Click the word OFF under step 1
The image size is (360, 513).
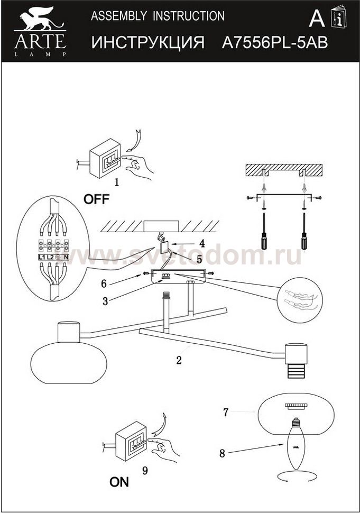point(96,199)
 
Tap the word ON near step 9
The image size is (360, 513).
point(119,482)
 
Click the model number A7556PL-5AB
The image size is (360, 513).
point(275,42)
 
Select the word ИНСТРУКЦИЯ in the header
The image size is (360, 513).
point(148,42)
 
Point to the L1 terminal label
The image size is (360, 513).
point(42,257)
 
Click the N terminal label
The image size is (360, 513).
point(66,257)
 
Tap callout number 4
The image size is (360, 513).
point(202,243)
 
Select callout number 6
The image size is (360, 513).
point(104,283)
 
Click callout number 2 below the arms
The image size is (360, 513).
point(179,360)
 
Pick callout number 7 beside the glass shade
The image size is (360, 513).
point(225,412)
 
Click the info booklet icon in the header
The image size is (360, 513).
point(338,17)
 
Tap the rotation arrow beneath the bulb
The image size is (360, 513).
point(296,477)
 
